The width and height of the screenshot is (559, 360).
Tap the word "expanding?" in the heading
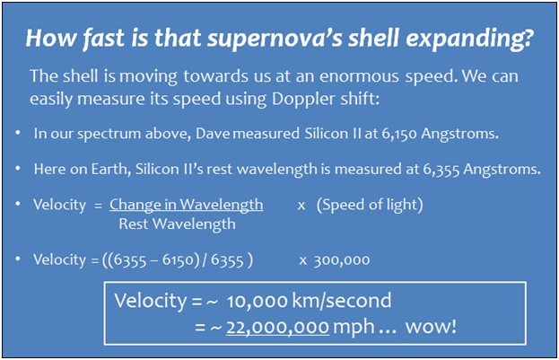(x=469, y=39)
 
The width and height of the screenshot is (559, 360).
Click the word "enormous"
(x=359, y=76)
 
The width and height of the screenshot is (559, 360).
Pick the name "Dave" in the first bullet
(x=213, y=134)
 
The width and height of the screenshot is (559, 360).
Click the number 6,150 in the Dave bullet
(x=399, y=134)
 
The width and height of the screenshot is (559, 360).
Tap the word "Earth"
(x=110, y=169)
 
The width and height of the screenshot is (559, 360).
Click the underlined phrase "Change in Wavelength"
(x=187, y=206)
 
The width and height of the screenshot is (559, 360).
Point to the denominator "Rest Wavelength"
(x=177, y=224)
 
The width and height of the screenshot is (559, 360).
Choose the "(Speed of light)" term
(x=370, y=206)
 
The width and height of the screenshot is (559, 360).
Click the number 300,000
(x=342, y=260)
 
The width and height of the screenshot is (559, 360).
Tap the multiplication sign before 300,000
(x=302, y=261)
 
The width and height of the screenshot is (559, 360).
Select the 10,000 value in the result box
(x=257, y=302)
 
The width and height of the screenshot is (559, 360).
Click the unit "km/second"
(x=342, y=301)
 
